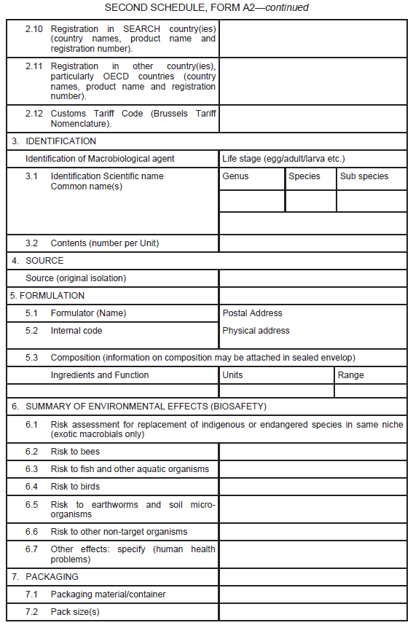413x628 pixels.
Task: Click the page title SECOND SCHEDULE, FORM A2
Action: coord(206,7)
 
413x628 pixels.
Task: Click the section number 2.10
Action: coord(34,28)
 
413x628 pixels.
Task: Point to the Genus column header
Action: coord(235,176)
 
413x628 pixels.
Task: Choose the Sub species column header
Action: coord(364,176)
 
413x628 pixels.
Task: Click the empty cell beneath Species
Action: coord(310,201)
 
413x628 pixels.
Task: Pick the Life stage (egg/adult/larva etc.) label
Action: coord(283,159)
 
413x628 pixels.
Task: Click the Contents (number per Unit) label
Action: coord(104,243)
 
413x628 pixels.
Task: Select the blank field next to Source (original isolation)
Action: coord(312,278)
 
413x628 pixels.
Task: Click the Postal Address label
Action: coord(252,313)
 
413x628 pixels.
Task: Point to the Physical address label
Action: coord(256,331)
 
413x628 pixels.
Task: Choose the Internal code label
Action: coord(76,331)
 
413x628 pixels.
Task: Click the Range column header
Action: coord(350,375)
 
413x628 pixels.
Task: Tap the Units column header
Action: coord(233,375)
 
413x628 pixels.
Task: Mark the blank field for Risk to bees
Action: coord(312,452)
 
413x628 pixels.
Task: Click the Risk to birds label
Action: coord(75,487)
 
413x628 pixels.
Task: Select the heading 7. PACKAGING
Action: coord(44,577)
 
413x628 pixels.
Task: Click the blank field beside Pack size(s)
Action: coord(312,612)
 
